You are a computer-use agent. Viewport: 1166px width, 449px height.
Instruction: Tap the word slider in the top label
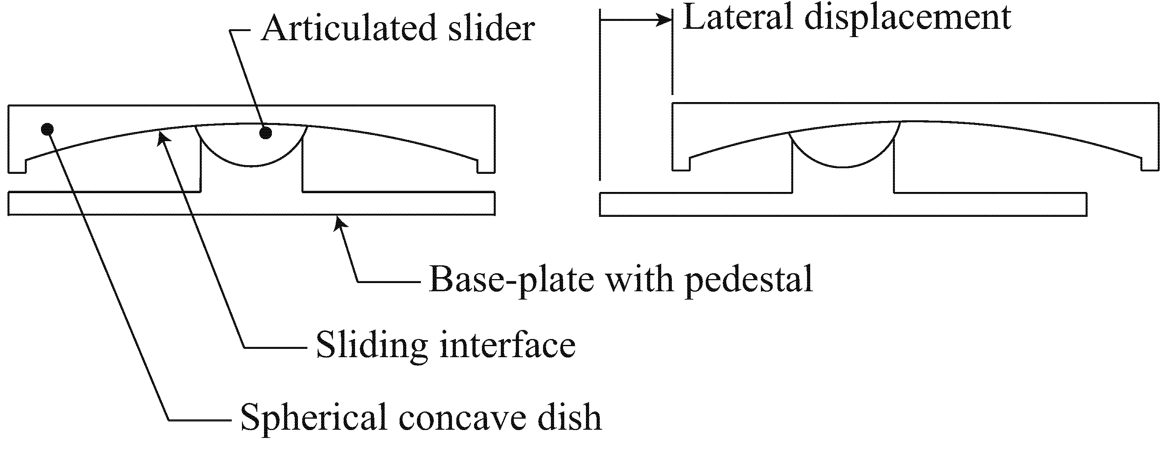point(491,28)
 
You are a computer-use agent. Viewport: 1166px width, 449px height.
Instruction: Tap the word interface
point(507,345)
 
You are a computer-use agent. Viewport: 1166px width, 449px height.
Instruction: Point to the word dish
point(569,417)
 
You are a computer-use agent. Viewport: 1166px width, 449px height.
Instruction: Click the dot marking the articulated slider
point(266,132)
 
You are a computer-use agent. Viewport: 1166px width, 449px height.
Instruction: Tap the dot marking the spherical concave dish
point(47,129)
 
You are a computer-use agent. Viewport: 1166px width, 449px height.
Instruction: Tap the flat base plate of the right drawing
point(843,205)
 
